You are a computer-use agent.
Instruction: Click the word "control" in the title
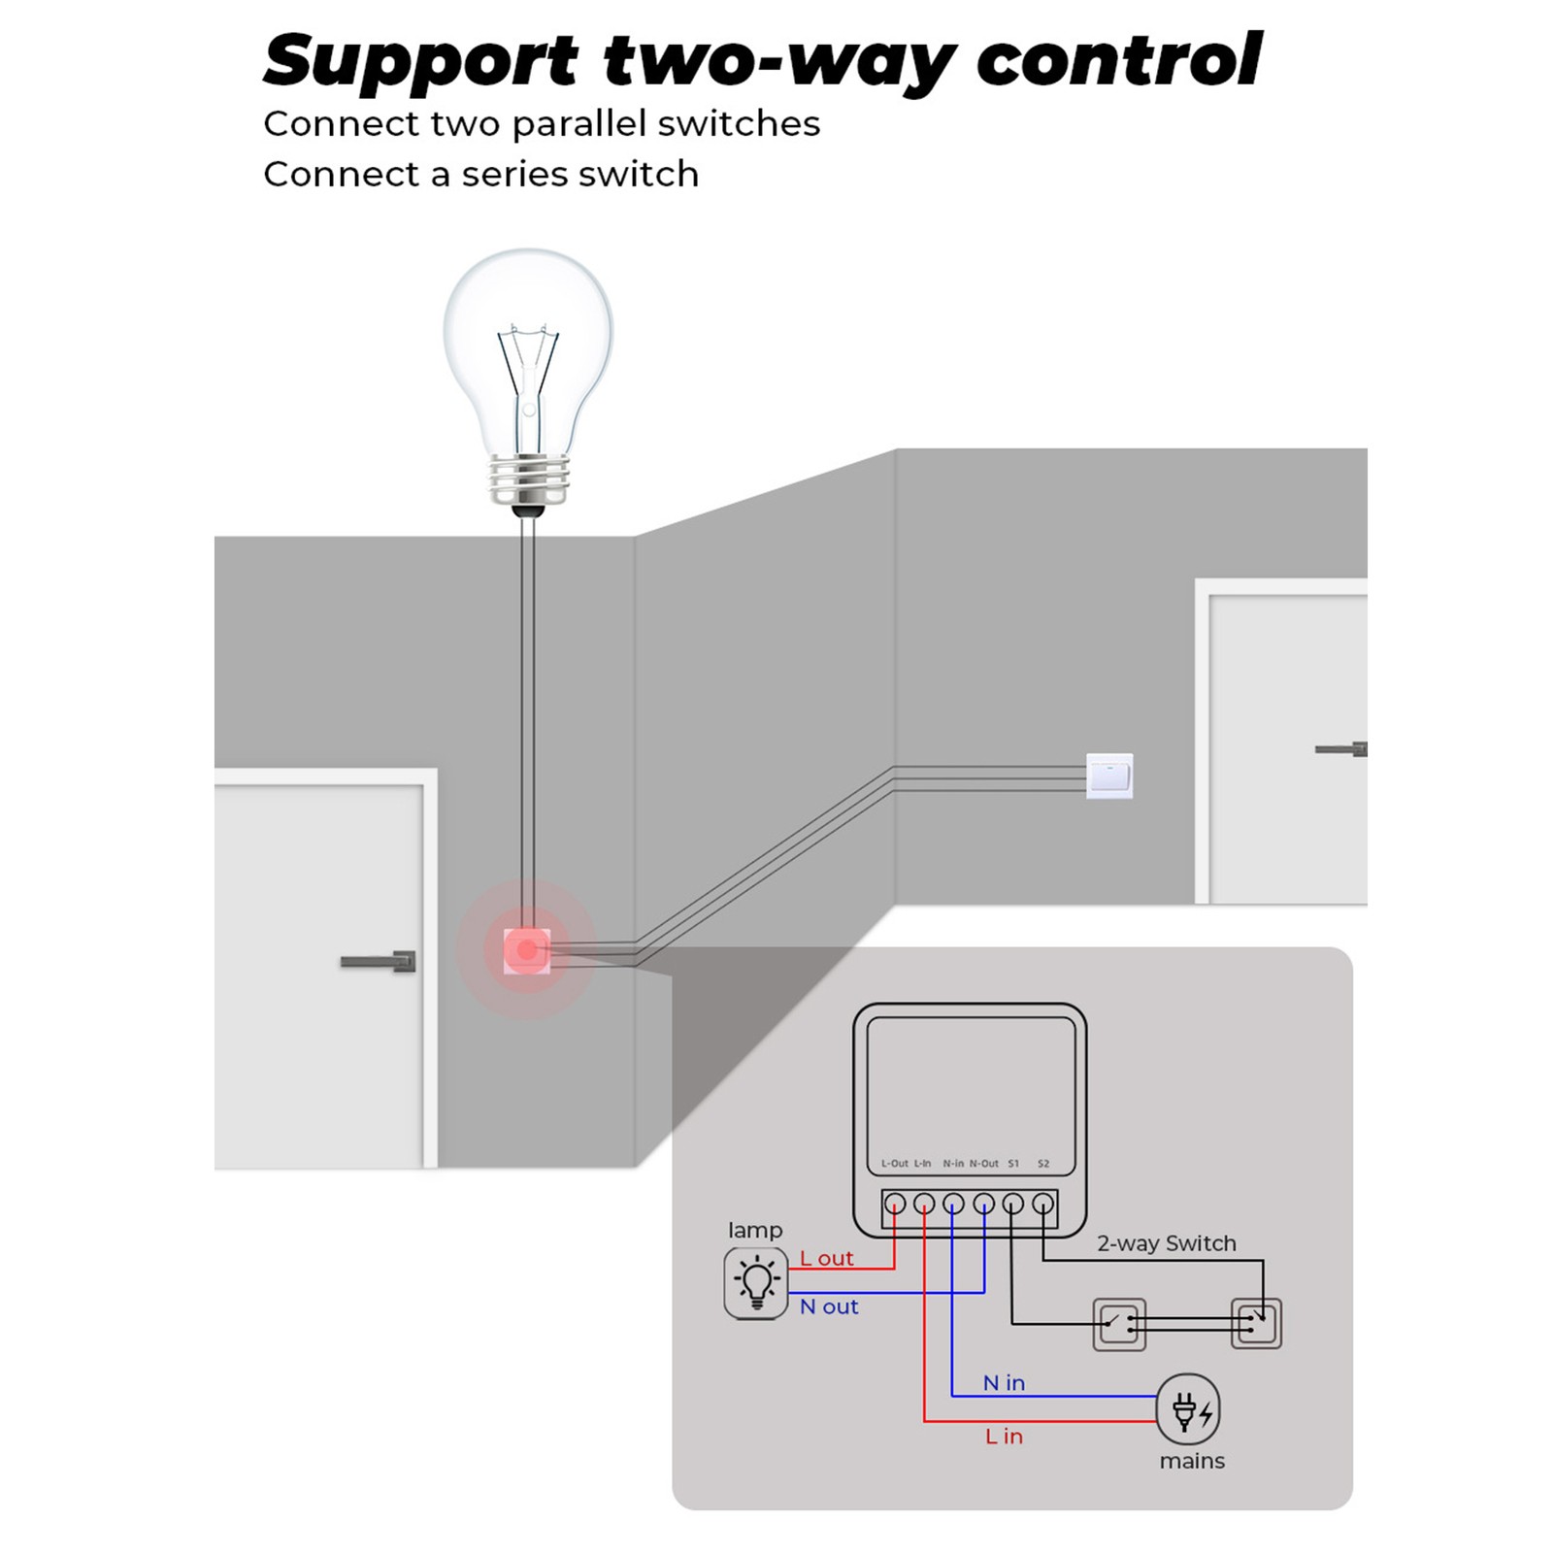click(x=1118, y=60)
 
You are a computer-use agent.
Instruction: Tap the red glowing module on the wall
click(x=527, y=950)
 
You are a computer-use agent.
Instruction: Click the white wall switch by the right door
click(x=1109, y=776)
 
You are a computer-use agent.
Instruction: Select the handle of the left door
click(x=379, y=961)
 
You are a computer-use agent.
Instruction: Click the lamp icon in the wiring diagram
click(x=756, y=1282)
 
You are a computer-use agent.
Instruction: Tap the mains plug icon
click(x=1188, y=1409)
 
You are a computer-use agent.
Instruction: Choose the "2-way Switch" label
click(x=1167, y=1243)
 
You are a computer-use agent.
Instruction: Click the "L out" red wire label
click(x=826, y=1259)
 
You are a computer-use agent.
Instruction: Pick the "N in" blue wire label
click(x=1004, y=1383)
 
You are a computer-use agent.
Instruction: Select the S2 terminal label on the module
click(x=1043, y=1163)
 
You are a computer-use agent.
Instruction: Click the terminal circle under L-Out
click(x=895, y=1204)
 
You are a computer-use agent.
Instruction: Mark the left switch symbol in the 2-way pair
click(x=1119, y=1324)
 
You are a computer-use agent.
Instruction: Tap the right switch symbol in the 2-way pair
click(x=1256, y=1324)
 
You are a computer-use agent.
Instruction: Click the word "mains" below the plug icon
click(x=1192, y=1461)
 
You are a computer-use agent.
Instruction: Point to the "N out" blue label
click(x=829, y=1307)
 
